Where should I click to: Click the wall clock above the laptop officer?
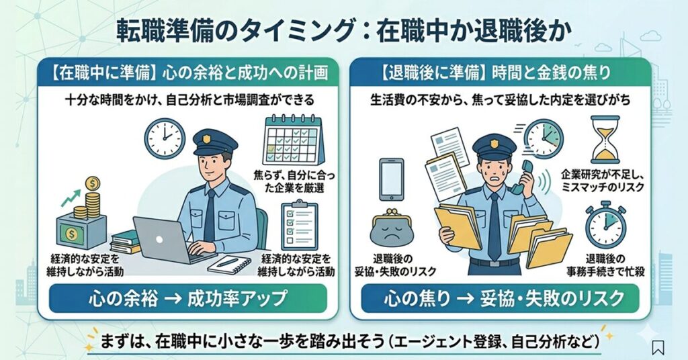tap(165, 137)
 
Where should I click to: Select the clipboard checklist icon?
tap(300, 226)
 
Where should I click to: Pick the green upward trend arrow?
tap(70, 198)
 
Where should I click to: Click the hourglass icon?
tap(605, 140)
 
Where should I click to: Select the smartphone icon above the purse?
tap(392, 179)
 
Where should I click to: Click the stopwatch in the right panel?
tap(605, 224)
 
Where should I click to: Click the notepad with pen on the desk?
tap(228, 265)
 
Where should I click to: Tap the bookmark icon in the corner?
tap(658, 347)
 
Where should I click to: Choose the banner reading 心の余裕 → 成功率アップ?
tap(188, 298)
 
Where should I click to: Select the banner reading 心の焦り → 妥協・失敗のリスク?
tap(500, 298)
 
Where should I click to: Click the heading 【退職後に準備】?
tap(431, 73)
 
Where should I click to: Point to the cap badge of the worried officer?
tap(494, 143)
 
